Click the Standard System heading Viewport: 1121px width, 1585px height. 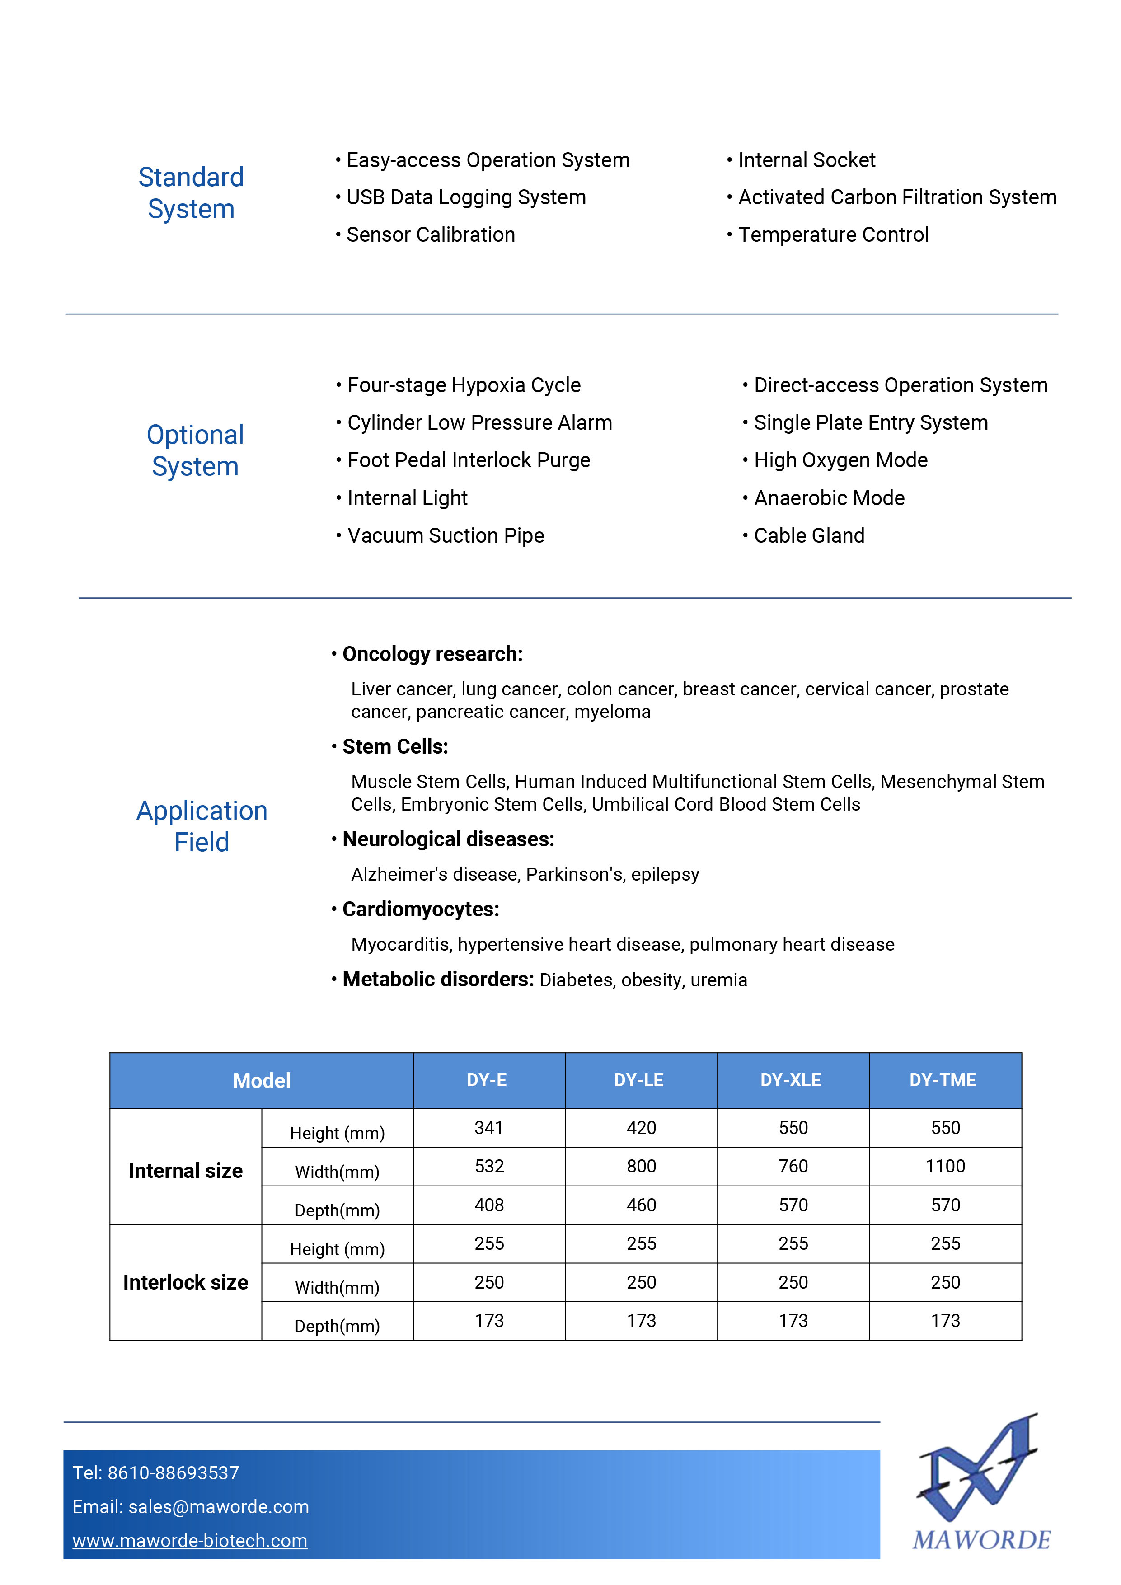(x=191, y=192)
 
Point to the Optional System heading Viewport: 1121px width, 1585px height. (x=195, y=450)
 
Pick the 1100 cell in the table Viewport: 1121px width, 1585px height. (x=945, y=1167)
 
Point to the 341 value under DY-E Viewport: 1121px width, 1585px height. (x=489, y=1128)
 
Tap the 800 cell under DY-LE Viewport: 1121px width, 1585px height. (x=641, y=1167)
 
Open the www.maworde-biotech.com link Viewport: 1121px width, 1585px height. (x=190, y=1541)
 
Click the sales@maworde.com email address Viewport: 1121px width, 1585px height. (x=219, y=1507)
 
